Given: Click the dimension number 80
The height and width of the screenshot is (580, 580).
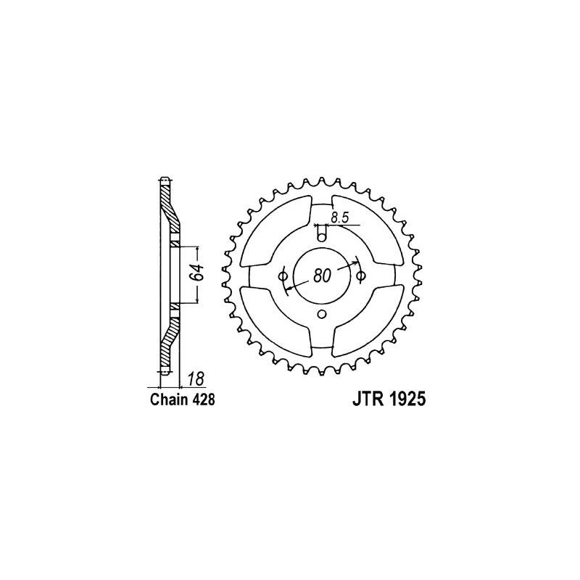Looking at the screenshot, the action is point(321,276).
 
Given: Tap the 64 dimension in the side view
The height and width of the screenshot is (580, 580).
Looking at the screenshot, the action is point(196,273).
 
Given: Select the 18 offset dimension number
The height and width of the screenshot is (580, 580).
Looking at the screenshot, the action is point(195,378).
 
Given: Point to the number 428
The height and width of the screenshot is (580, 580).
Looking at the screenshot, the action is point(203,400).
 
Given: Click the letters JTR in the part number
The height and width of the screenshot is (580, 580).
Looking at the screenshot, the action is point(367,399).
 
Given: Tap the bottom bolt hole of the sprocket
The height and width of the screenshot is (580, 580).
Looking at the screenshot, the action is point(322,314).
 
